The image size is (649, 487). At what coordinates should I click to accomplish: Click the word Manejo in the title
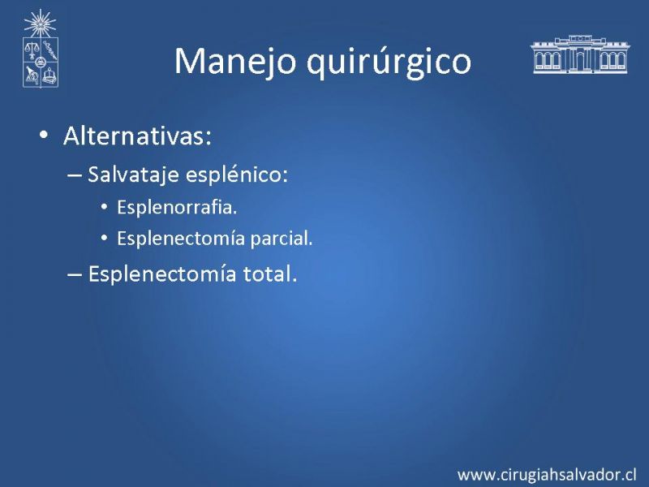click(x=235, y=62)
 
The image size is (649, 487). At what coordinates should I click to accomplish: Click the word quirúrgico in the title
click(x=389, y=62)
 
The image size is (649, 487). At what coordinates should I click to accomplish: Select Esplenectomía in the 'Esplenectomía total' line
click(x=162, y=274)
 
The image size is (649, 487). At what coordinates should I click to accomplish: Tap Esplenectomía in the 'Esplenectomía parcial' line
click(x=181, y=238)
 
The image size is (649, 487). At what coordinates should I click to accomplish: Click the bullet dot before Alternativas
click(x=44, y=135)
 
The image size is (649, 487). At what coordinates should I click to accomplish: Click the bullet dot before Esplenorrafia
click(x=104, y=207)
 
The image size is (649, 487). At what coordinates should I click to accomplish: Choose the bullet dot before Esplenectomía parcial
click(x=104, y=239)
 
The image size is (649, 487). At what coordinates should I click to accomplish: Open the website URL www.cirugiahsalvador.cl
click(x=547, y=475)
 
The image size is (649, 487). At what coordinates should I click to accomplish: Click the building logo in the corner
click(x=579, y=54)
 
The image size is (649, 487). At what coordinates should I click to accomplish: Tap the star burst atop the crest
click(x=40, y=24)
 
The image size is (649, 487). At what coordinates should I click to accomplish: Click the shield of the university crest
click(x=41, y=62)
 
